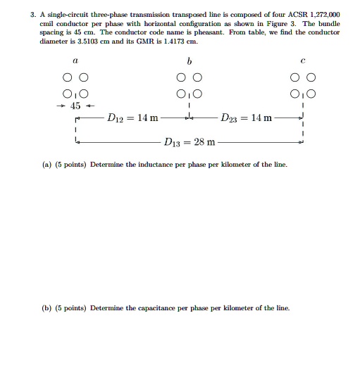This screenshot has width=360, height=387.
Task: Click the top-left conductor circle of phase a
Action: click(68, 77)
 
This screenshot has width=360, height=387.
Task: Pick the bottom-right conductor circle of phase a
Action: click(85, 94)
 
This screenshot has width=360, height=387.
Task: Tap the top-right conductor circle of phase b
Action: click(197, 77)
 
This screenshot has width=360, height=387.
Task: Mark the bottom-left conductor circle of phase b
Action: click(181, 94)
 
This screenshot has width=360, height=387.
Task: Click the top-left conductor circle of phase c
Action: click(295, 77)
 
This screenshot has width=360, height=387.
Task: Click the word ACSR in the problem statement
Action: click(292, 14)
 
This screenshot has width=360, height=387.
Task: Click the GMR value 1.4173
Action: click(173, 42)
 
